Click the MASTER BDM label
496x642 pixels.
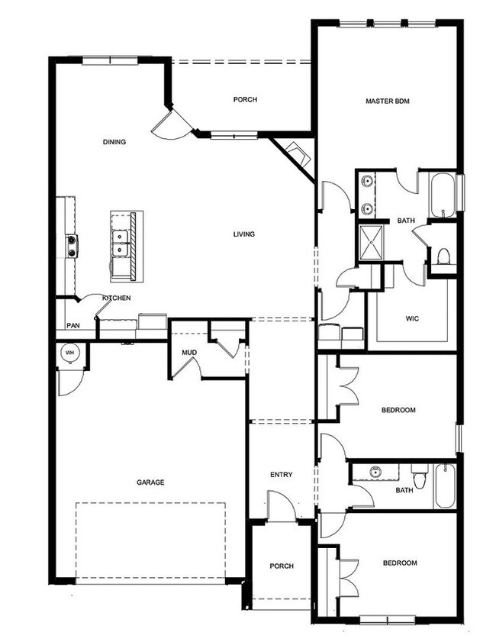(x=387, y=101)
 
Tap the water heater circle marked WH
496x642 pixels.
(x=70, y=352)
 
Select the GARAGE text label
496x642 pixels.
(x=150, y=482)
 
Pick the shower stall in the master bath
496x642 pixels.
(x=371, y=243)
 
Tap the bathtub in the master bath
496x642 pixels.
(x=443, y=195)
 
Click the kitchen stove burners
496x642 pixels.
(x=72, y=246)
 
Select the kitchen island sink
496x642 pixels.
(x=120, y=243)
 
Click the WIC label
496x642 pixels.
(x=412, y=318)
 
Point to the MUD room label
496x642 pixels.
(x=189, y=353)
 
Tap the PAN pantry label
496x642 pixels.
(x=73, y=325)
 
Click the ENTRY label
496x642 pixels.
(x=281, y=475)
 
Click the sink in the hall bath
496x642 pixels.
(x=375, y=472)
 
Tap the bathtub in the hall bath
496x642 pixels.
(x=445, y=486)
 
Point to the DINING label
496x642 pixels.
(x=114, y=142)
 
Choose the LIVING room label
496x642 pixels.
(x=244, y=234)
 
